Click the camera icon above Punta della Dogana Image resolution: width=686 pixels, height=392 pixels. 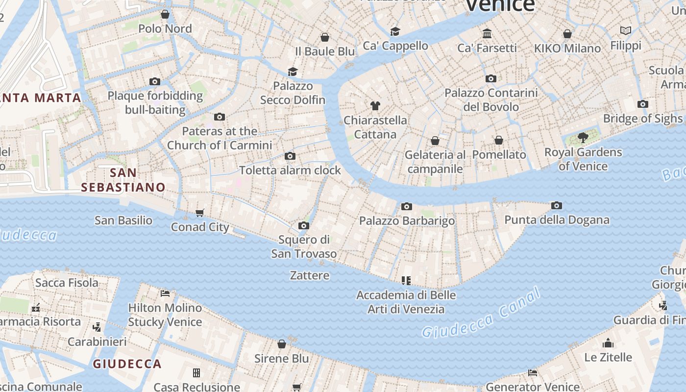pyautogui.click(x=556, y=206)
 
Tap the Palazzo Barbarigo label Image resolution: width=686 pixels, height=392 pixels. pyautogui.click(x=407, y=221)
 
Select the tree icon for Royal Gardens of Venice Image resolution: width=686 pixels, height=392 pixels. pyautogui.click(x=583, y=137)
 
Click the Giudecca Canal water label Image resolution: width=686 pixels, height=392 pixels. pyautogui.click(x=481, y=314)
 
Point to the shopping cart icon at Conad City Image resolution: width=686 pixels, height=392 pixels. pyautogui.click(x=199, y=213)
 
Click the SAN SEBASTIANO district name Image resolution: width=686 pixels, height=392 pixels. pyautogui.click(x=123, y=180)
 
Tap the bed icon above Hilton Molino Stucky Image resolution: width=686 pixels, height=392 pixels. pyautogui.click(x=165, y=293)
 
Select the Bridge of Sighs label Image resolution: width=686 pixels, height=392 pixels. pyautogui.click(x=642, y=119)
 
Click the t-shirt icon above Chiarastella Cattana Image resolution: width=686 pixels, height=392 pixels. pyautogui.click(x=375, y=105)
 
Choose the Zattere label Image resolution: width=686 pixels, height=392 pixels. pyautogui.click(x=310, y=275)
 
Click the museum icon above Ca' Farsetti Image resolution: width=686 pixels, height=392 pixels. pyautogui.click(x=487, y=33)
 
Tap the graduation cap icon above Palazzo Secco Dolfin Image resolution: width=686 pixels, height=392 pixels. pyautogui.click(x=293, y=72)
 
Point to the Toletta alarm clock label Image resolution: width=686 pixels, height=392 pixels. pyautogui.click(x=290, y=171)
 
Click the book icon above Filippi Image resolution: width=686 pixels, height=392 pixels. pyautogui.click(x=626, y=31)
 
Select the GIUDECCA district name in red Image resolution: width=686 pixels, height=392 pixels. pyautogui.click(x=127, y=364)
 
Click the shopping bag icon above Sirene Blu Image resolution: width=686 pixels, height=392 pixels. pyautogui.click(x=282, y=344)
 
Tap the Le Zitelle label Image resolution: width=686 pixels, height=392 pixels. pyautogui.click(x=608, y=357)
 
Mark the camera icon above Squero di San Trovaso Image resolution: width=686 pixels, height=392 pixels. pyautogui.click(x=304, y=226)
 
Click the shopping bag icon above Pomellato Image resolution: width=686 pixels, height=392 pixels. pyautogui.click(x=499, y=140)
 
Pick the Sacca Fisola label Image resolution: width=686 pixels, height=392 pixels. pyautogui.click(x=67, y=283)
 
